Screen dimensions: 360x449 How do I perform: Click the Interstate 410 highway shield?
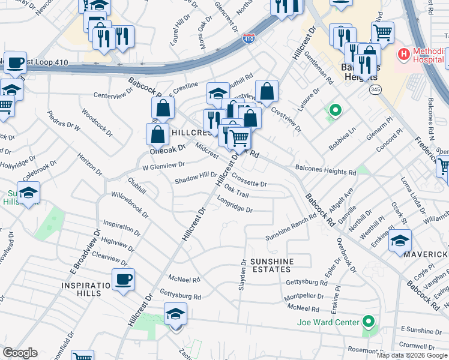(x=249, y=38)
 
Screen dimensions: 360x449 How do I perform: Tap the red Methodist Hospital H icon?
(x=403, y=55)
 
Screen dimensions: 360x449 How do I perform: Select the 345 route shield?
(x=375, y=89)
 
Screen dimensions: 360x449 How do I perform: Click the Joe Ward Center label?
(x=328, y=322)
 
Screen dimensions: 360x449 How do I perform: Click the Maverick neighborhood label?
(x=426, y=255)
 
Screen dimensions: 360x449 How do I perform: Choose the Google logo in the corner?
(x=20, y=353)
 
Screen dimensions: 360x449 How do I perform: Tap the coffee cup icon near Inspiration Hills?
(x=124, y=279)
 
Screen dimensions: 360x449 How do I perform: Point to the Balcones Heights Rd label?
(x=326, y=171)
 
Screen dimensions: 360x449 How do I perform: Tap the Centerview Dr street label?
(x=113, y=95)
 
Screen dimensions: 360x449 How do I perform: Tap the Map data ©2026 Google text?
(x=412, y=355)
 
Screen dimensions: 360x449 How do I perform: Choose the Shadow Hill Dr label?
(x=196, y=178)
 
